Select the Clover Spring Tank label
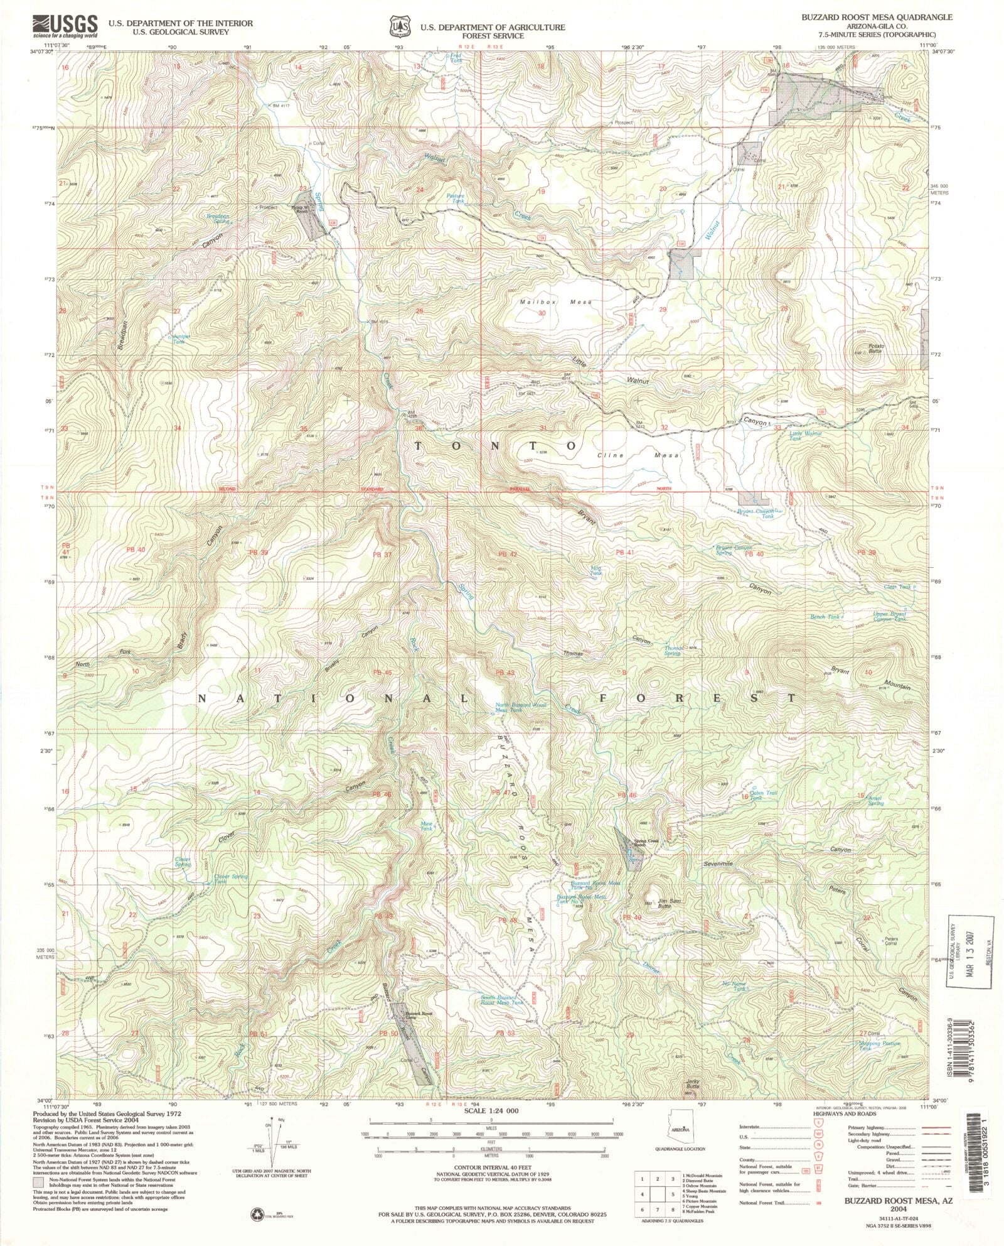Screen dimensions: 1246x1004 pyautogui.click(x=230, y=879)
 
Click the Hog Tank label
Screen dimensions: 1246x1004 pyautogui.click(x=596, y=570)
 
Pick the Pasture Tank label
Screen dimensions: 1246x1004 pyautogui.click(x=456, y=198)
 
